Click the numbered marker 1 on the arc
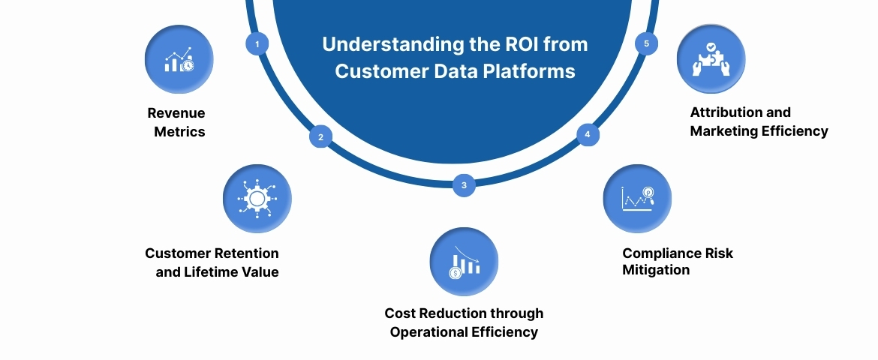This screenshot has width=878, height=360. click(257, 44)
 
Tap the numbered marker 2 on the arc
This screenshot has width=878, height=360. click(320, 137)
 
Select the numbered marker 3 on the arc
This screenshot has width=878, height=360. click(464, 185)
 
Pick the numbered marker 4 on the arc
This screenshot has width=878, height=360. click(588, 135)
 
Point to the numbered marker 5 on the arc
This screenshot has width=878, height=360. click(647, 43)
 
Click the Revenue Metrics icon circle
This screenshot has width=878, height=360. click(179, 60)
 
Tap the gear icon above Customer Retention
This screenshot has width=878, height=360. click(257, 199)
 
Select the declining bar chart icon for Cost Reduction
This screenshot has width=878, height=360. click(464, 262)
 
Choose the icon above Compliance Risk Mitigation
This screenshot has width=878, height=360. click(637, 199)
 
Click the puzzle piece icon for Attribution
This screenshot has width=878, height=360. click(711, 60)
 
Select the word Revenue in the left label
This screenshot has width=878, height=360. click(176, 113)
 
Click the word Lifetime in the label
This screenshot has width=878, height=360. click(212, 272)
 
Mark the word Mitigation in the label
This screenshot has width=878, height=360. click(656, 270)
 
